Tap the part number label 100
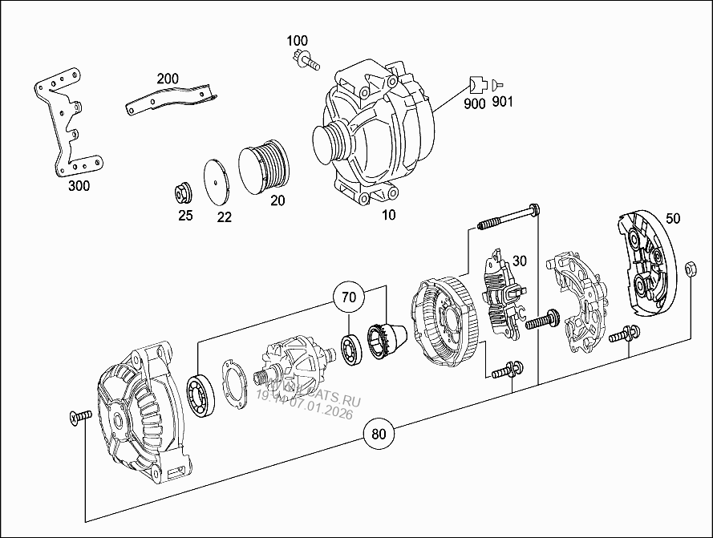coord(297,40)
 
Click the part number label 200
coord(168,79)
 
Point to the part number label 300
coord(79,186)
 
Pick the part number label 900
coord(475,103)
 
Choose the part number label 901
coord(502,102)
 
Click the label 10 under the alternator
coord(388,215)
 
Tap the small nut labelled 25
coord(183,193)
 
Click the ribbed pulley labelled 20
coord(262,168)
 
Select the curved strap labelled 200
coord(171,98)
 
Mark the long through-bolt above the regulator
coord(507,216)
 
